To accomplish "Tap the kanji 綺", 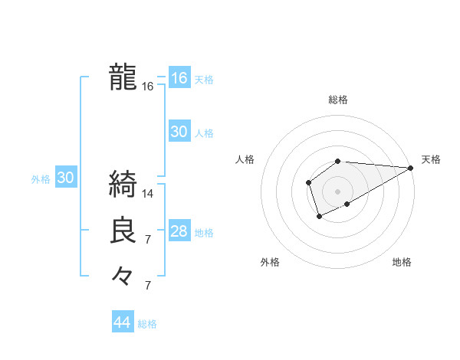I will point(123,185).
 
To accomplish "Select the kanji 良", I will point(123,231).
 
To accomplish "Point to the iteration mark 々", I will point(123,274).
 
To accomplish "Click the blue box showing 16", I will point(179,78).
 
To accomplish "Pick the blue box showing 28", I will point(179,231).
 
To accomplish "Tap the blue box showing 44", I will point(123,322).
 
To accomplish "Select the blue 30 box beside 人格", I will point(179,132).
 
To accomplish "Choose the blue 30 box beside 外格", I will point(65,178).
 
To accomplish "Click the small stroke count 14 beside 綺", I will point(149,194).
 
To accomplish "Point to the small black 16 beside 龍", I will point(148,87).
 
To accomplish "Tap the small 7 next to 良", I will point(148,240).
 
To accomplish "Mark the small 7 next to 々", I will point(148,286).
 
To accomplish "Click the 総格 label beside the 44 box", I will point(147,324).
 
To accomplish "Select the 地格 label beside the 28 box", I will point(204,233).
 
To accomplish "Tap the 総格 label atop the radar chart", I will point(338,100).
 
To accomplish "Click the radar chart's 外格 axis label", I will point(270,262).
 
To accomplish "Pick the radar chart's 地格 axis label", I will point(402,262).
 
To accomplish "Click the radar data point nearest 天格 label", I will point(411,168).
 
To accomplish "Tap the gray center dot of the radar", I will point(338,191).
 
